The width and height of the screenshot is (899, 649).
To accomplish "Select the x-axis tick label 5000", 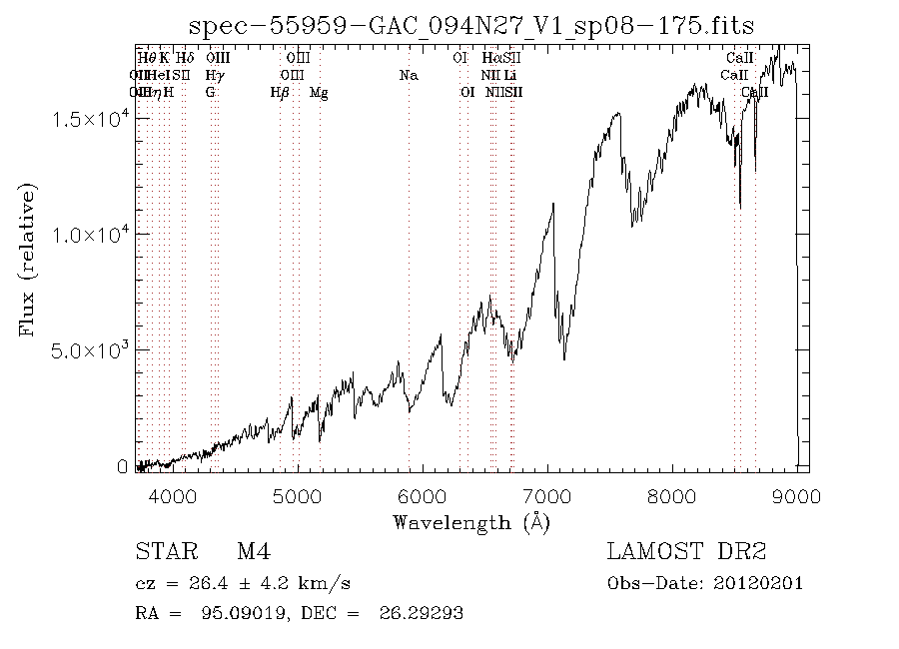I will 297,496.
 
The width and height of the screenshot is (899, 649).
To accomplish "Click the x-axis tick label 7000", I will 546,496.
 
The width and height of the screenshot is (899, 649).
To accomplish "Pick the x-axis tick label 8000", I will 672,496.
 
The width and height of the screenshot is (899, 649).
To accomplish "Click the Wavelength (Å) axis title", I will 471,522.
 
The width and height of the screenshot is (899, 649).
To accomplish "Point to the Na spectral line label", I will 408,76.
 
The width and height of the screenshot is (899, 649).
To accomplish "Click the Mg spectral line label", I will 319,93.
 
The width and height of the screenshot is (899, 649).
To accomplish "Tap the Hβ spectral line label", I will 280,93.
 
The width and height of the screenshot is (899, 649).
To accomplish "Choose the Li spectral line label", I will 509,76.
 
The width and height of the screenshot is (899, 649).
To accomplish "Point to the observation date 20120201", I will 762,583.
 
